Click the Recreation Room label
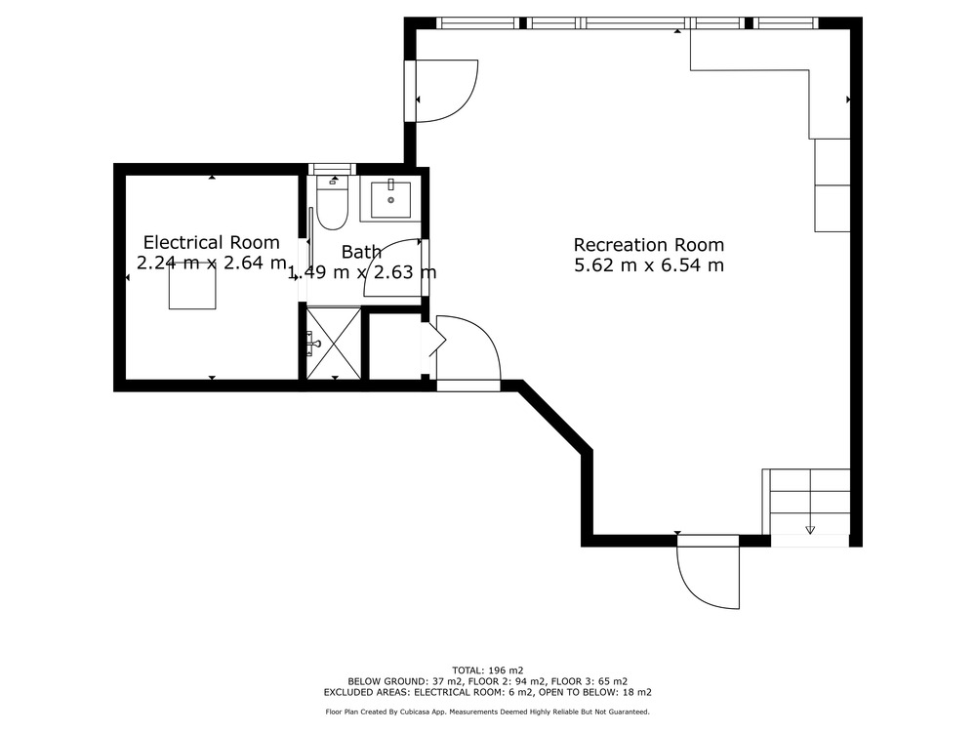click(x=649, y=245)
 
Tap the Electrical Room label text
click(x=212, y=242)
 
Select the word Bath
click(x=362, y=252)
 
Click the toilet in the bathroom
click(x=332, y=203)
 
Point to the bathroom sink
click(x=391, y=199)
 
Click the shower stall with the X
click(x=334, y=343)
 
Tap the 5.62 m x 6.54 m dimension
click(x=649, y=265)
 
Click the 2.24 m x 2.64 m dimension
click(x=212, y=263)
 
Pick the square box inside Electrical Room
click(x=192, y=286)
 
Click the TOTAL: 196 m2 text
click(x=487, y=671)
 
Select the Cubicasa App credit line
click(x=487, y=712)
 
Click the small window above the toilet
click(x=333, y=169)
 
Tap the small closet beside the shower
click(x=395, y=346)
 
